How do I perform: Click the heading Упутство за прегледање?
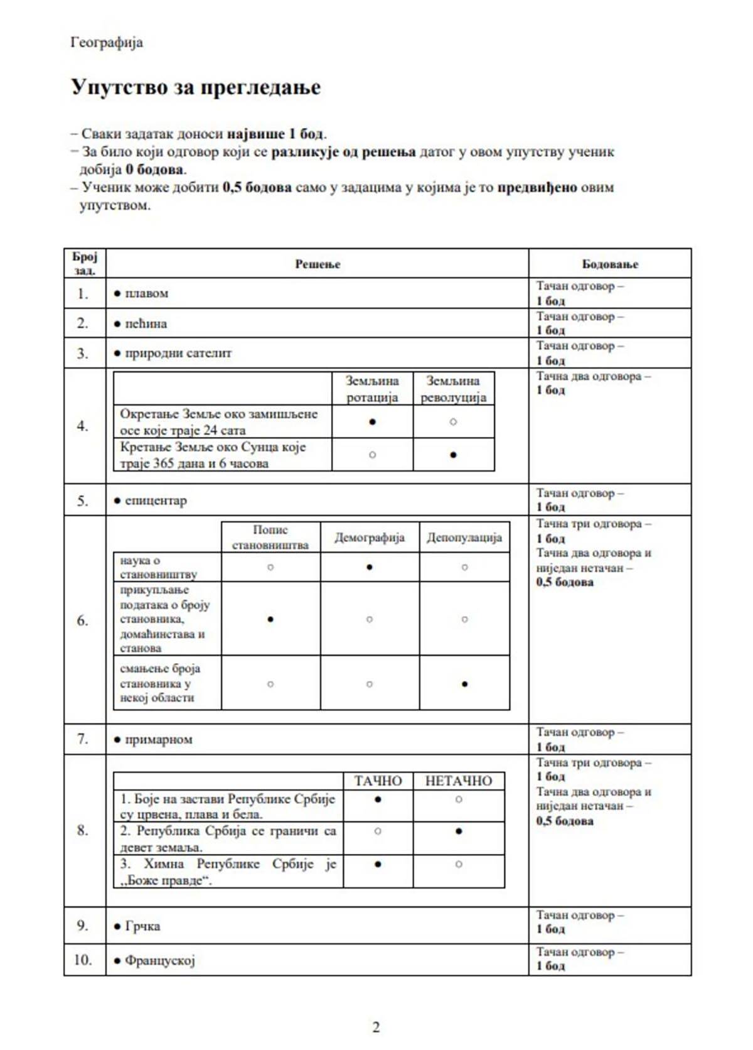196,87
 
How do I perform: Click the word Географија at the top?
107,43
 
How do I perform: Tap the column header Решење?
318,264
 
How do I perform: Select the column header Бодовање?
610,264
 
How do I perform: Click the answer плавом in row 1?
146,293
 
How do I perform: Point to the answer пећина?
146,323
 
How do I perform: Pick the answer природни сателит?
178,353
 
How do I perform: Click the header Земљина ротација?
372,389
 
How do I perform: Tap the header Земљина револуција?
453,389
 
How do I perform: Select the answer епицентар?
156,501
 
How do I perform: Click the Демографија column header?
370,538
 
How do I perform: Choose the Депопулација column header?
464,538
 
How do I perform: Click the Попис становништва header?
270,538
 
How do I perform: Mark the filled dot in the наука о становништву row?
370,567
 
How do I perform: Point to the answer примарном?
158,739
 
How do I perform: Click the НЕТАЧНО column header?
459,781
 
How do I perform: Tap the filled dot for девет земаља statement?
459,831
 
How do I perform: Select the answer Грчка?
142,926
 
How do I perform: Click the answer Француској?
159,960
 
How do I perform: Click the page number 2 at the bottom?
376,1027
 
